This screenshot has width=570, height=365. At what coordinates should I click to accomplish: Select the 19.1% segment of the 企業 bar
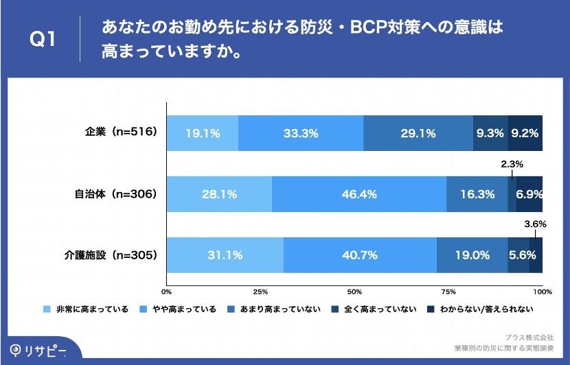202,134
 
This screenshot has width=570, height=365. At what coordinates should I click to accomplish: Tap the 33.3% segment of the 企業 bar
301,134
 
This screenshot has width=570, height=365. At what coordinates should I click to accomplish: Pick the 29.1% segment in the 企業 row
418,134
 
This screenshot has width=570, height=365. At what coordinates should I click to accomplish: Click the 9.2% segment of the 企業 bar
526,134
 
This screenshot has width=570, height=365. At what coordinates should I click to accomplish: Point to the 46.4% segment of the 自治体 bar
359,194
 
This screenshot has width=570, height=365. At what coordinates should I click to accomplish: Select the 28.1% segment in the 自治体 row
219,194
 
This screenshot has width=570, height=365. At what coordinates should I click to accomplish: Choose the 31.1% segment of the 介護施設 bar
225,255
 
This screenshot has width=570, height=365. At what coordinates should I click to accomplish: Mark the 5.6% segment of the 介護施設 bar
518,255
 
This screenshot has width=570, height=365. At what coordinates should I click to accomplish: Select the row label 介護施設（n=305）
111,255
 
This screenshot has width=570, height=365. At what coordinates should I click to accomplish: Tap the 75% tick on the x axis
448,292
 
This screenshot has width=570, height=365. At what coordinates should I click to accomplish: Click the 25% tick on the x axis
260,292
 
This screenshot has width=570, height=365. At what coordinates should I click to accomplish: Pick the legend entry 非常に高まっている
85,309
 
